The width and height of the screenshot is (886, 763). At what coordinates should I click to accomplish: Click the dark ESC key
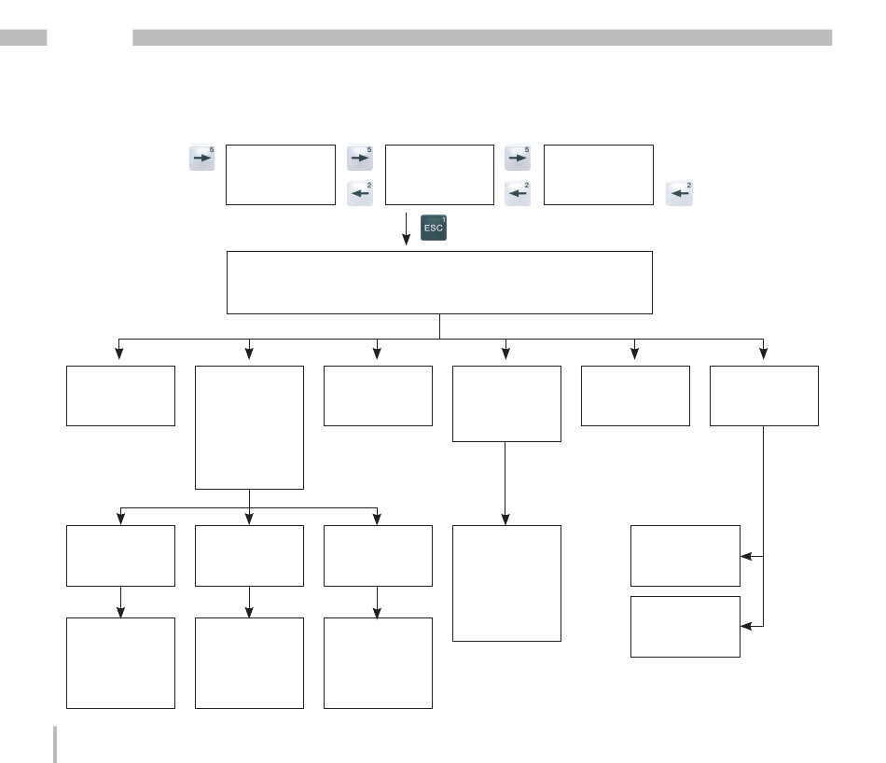click(x=434, y=228)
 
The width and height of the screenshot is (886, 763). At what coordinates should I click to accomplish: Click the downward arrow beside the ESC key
click(x=406, y=229)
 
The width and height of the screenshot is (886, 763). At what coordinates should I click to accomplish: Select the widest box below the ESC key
click(x=439, y=283)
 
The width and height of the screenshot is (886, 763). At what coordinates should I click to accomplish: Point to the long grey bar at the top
click(x=482, y=37)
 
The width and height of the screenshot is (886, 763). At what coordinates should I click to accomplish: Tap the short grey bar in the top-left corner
click(x=23, y=37)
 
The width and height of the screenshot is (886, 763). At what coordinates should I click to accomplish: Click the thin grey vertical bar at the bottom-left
click(x=55, y=744)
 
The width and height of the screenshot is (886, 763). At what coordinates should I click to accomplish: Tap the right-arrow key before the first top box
click(x=201, y=158)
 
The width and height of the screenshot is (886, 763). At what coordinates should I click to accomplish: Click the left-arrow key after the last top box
click(x=679, y=193)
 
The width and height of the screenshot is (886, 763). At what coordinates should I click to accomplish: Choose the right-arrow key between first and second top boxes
click(x=360, y=158)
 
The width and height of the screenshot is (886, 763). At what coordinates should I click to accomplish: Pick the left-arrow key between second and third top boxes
click(x=518, y=193)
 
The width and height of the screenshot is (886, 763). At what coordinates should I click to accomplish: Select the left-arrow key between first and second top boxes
click(x=360, y=193)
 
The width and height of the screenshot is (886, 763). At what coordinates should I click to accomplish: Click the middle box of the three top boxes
click(x=439, y=174)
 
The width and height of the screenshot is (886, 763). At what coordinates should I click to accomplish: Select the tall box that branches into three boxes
click(x=249, y=427)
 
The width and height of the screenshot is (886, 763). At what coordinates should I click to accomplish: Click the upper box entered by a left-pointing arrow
click(x=685, y=556)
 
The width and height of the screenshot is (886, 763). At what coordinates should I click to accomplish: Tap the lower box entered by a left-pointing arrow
click(x=685, y=627)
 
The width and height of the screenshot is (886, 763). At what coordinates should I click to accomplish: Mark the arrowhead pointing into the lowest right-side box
click(x=746, y=626)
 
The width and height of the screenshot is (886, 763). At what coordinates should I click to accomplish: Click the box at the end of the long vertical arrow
click(x=506, y=583)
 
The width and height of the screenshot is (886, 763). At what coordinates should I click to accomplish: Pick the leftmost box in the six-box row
click(x=121, y=395)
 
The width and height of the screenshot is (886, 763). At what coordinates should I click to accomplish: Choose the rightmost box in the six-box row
click(x=764, y=395)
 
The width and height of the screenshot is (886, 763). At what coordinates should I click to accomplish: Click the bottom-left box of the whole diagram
click(x=121, y=663)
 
